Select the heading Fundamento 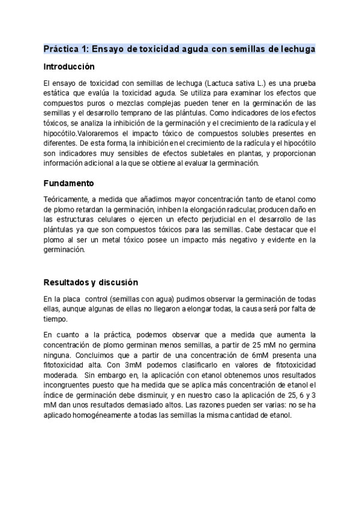(68, 182)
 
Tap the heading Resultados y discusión (91, 282)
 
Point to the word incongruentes (68, 385)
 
